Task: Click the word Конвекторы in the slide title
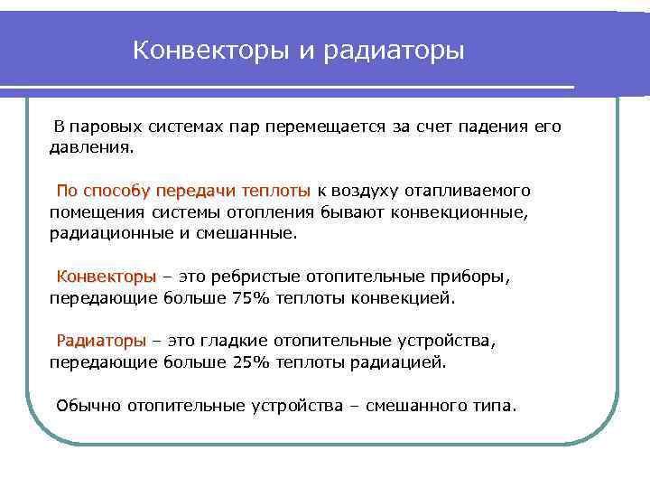(x=209, y=52)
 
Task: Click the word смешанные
(x=249, y=232)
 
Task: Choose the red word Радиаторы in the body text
(x=101, y=342)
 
